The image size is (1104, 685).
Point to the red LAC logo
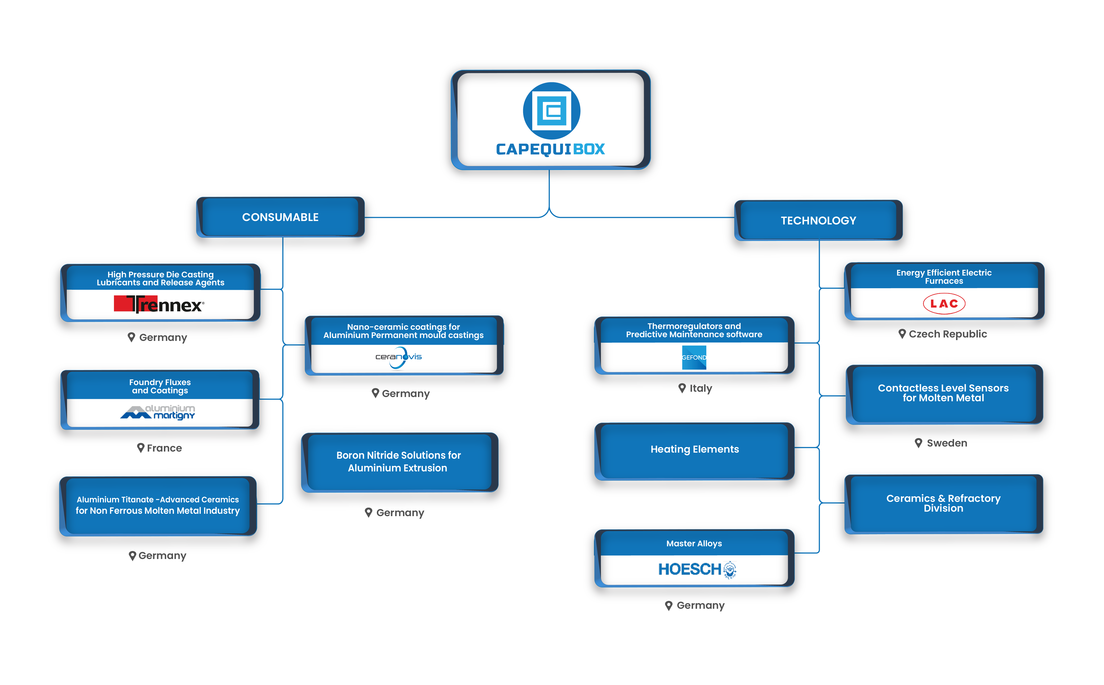pos(945,303)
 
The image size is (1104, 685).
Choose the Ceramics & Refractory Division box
pos(943,503)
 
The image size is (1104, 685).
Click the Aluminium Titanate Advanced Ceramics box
pos(158,505)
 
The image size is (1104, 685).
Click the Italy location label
pos(700,390)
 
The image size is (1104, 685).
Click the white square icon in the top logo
pos(551,111)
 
